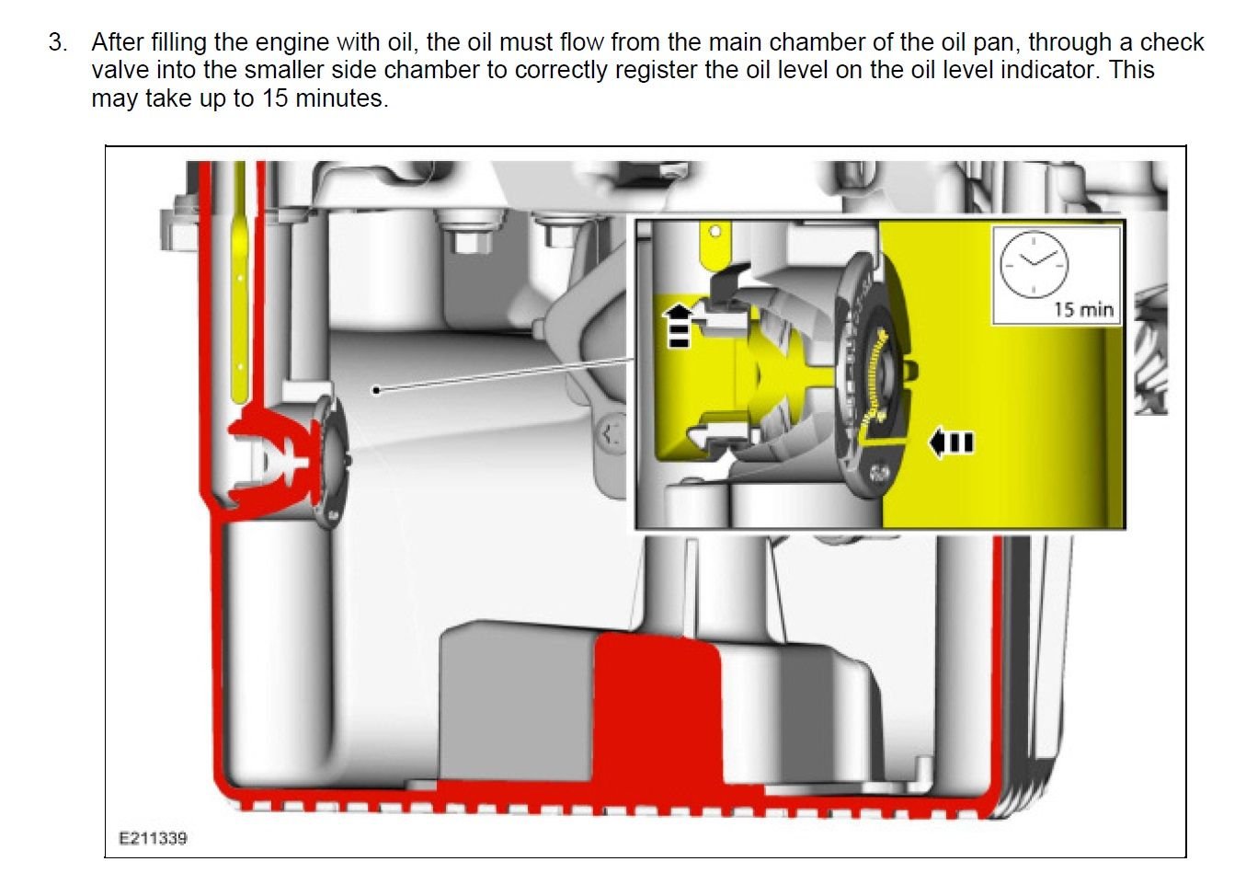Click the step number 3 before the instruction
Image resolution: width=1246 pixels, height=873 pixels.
pyautogui.click(x=57, y=43)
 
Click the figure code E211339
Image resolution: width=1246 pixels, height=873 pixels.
pyautogui.click(x=153, y=838)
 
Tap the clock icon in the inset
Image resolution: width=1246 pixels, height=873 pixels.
pyautogui.click(x=1034, y=264)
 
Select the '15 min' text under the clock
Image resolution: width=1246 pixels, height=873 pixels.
pyautogui.click(x=1083, y=310)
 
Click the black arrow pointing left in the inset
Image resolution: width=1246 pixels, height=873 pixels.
pyautogui.click(x=951, y=442)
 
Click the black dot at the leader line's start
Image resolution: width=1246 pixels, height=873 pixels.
pyautogui.click(x=376, y=390)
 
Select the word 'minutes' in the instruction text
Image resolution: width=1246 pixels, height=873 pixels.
pyautogui.click(x=341, y=98)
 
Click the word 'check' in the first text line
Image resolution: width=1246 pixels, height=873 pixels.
pyautogui.click(x=1172, y=42)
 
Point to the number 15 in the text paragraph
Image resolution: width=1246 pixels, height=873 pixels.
pyautogui.click(x=276, y=98)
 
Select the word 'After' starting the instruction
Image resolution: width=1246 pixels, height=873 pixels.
pyautogui.click(x=120, y=42)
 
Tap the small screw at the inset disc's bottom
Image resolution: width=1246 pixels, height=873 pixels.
pyautogui.click(x=879, y=473)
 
